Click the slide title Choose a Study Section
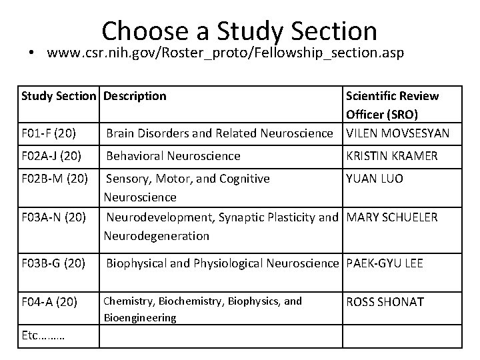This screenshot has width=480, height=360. coord(240,30)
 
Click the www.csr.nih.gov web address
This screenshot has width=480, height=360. coord(225,54)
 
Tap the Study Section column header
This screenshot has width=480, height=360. coord(59,96)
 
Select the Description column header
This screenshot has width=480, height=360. coord(136,96)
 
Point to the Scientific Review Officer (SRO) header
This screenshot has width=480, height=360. coord(392,105)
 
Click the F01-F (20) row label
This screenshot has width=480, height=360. coord(49,133)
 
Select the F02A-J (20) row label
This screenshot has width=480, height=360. coord(51,156)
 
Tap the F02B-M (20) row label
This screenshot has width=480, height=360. coord(53,179)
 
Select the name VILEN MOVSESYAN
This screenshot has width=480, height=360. coord(397,133)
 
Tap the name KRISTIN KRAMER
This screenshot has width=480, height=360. coord(391,156)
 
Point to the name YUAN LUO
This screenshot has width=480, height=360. coord(374,179)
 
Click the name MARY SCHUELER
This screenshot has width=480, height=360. coord(393,217)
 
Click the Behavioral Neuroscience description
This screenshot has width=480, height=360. coord(173,156)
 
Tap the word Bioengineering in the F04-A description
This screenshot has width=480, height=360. coord(138,318)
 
